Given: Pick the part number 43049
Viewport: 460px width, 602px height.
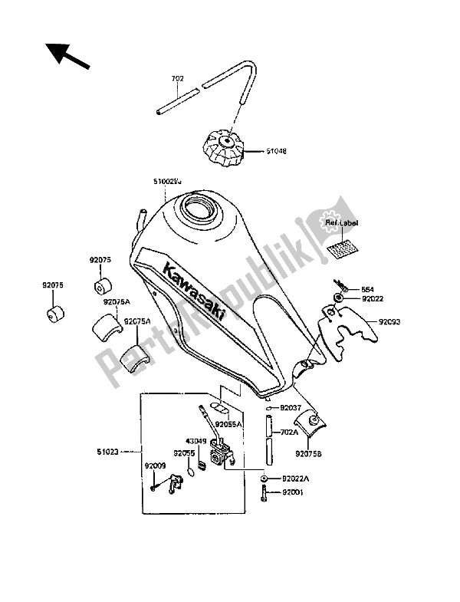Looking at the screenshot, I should coord(195,441).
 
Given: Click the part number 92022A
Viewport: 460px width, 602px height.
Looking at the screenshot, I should coord(295,477).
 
